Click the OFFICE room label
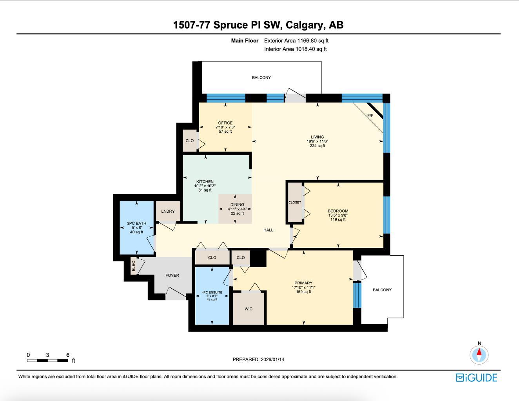tap(225, 123)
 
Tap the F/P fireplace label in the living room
tap(370, 116)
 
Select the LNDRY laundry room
tap(168, 211)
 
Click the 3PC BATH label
tap(136, 223)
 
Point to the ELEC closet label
tap(133, 266)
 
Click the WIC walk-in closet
tap(249, 309)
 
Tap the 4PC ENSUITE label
tap(212, 293)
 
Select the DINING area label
tap(237, 204)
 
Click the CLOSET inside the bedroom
tap(295, 202)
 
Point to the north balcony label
tap(261, 78)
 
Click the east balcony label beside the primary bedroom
tap(382, 290)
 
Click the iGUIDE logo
tap(476, 378)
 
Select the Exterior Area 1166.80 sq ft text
tap(296, 40)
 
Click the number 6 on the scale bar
tap(68, 355)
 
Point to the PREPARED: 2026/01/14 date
tap(258, 359)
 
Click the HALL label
tap(268, 230)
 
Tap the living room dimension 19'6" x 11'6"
tap(318, 141)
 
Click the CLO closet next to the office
tap(190, 141)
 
